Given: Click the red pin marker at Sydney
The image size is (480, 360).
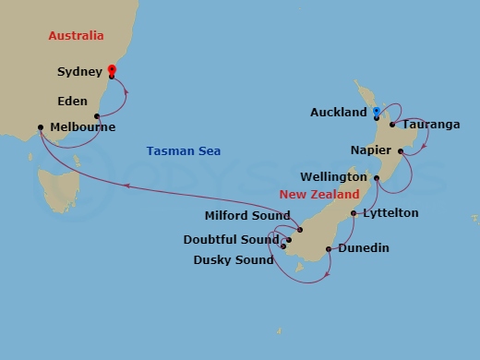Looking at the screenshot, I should click(112, 70).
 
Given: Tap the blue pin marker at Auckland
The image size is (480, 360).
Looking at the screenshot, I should click(376, 113).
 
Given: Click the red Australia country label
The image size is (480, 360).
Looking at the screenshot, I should click(57, 36).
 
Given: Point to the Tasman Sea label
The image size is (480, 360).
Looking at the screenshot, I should click(183, 151).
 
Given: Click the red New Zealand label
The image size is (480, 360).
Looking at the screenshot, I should click(319, 196).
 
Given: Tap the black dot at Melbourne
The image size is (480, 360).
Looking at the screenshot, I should click(41, 127).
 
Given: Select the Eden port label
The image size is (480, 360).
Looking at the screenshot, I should click(73, 102).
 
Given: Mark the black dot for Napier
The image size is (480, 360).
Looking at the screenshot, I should click(401, 150).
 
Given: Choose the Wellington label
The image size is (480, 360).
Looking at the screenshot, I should click(334, 176).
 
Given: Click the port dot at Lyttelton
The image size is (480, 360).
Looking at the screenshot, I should click(354, 213).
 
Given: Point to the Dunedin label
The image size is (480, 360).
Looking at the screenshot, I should click(363, 248).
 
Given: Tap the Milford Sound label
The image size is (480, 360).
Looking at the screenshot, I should click(247, 217).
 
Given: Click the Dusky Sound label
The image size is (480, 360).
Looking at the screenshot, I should click(233, 259).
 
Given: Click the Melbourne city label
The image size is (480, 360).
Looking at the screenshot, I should click(82, 128).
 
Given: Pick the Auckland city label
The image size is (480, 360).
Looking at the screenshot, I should click(339, 113).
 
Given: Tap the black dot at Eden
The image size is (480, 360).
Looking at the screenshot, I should click(97, 116).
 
